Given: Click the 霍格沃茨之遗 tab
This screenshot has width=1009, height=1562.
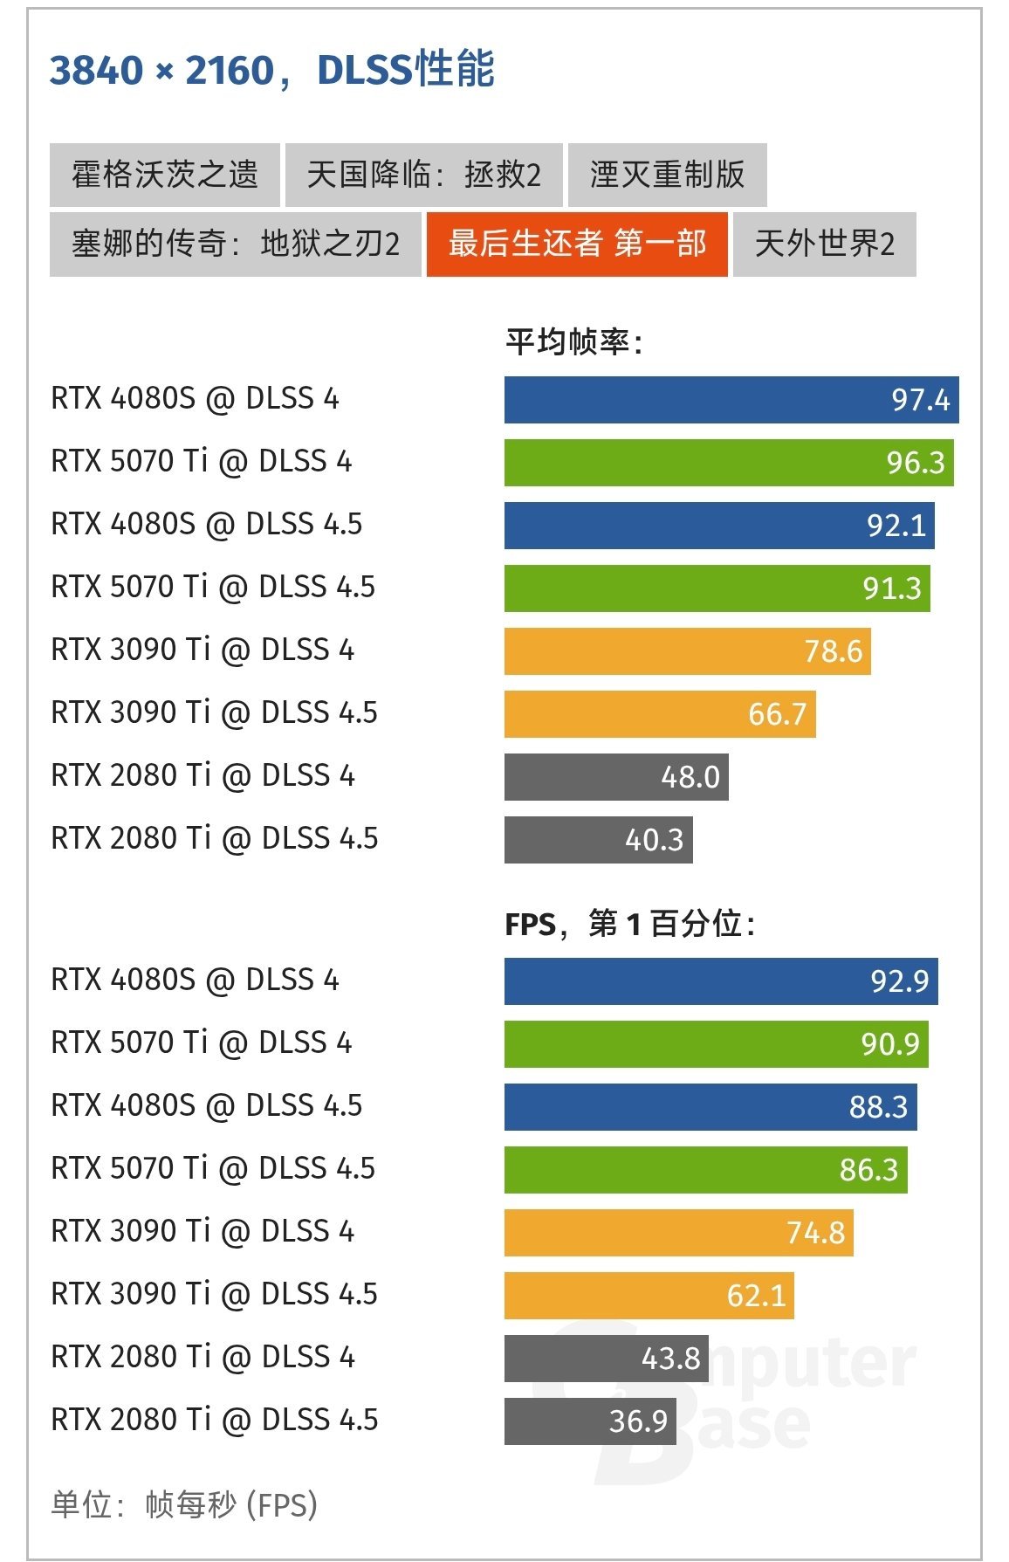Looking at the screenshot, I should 164,175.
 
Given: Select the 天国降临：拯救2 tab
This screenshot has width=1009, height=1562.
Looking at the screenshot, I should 423,175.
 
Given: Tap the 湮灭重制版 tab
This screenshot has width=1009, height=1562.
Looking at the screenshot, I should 667,175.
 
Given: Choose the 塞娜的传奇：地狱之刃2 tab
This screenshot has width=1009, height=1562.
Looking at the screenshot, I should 235,244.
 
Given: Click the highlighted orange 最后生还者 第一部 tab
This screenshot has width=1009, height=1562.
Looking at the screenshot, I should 576,244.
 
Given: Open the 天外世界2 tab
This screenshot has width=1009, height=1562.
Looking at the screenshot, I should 824,244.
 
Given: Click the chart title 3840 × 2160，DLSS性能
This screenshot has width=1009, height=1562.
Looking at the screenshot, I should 271,70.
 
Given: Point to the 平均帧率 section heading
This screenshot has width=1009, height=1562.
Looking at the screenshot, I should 574,341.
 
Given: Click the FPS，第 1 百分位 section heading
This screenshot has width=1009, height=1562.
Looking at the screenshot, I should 629,923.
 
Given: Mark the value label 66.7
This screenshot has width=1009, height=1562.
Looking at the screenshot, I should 777,714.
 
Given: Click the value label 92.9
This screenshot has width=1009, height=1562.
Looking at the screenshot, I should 899,981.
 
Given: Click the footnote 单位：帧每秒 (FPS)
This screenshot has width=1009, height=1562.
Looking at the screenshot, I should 183,1504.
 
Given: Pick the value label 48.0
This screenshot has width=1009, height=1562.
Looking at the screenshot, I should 690,777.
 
